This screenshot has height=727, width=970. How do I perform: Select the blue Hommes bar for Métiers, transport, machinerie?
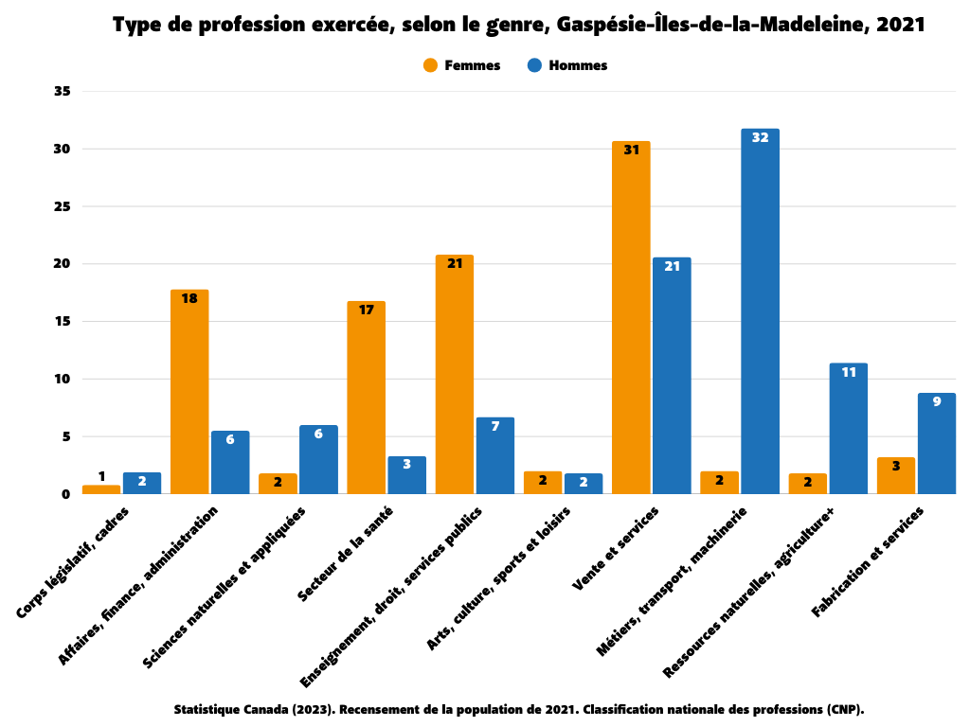pos(760,311)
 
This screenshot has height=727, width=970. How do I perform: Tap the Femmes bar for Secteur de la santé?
pos(366,398)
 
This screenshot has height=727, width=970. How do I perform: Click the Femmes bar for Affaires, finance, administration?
pos(189,392)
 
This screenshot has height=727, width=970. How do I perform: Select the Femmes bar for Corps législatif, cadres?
pos(101,489)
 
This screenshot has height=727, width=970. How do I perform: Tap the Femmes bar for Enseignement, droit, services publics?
pos(455,374)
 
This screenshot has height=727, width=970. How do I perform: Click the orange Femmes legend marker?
pos(430,65)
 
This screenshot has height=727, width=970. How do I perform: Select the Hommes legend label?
pos(578,65)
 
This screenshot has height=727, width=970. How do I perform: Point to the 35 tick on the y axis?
pos(63,92)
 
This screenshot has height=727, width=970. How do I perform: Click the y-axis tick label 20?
pos(63,264)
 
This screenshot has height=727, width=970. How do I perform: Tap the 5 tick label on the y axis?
pos(66,436)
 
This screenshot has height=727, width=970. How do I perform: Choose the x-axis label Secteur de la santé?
pos(347,554)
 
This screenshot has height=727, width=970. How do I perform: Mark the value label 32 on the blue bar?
pos(760,137)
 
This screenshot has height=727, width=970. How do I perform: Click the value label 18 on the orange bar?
pos(189,298)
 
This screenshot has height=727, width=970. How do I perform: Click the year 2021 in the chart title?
pos(900,26)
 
